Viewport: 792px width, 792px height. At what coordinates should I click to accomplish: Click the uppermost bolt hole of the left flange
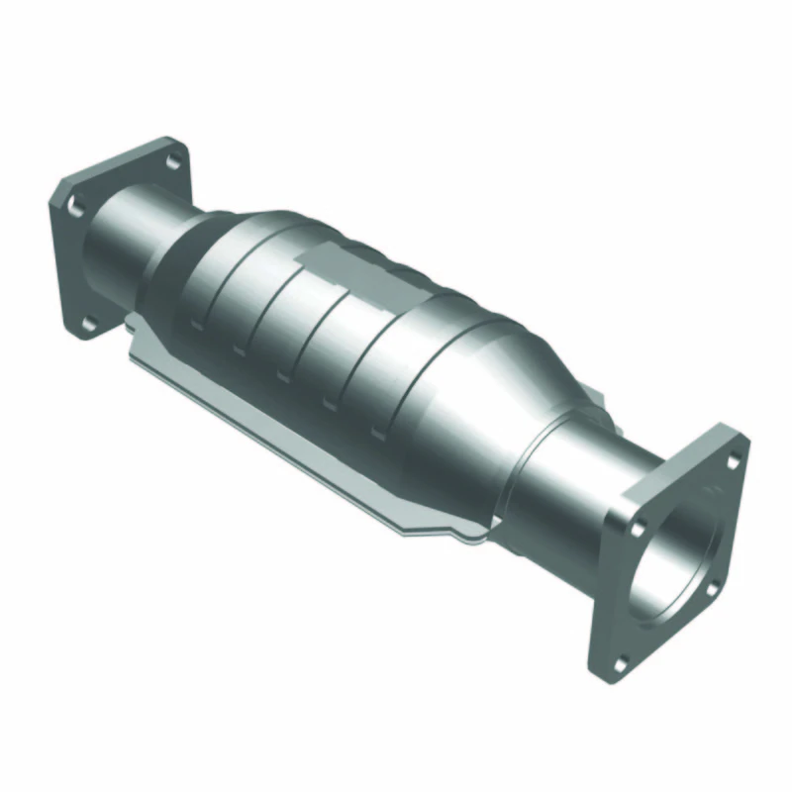(171, 161)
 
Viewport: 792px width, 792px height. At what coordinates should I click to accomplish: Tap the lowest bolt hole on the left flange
(87, 323)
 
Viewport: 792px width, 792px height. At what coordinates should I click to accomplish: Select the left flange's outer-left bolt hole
(73, 205)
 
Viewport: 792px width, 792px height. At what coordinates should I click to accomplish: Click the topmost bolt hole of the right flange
(732, 460)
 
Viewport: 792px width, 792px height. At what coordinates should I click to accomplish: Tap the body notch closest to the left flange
(198, 322)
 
